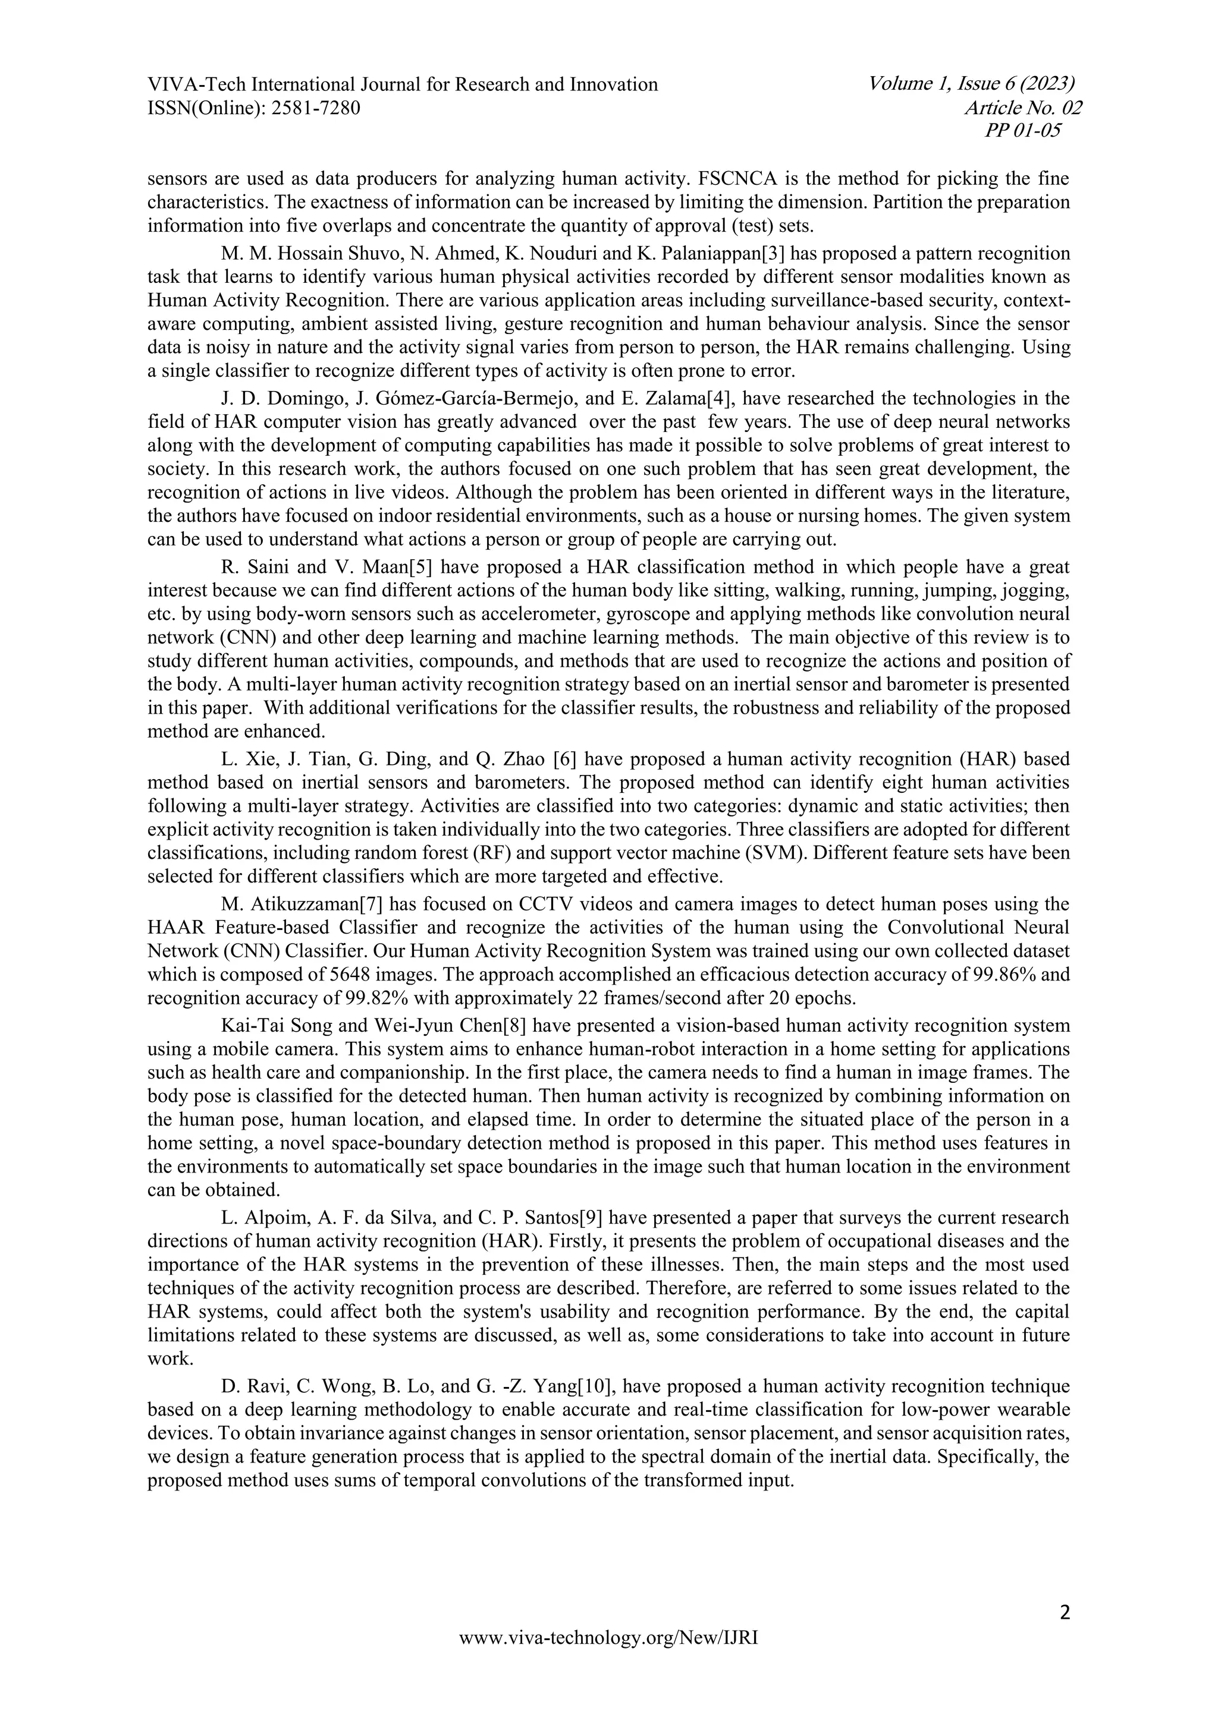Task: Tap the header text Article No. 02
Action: coord(1023,108)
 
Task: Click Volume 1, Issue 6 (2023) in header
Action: coord(971,84)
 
